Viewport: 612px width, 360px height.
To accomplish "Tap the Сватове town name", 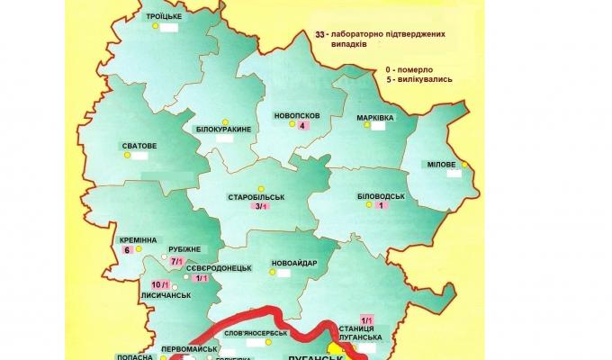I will coord(139,145).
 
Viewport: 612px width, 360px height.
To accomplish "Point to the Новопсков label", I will coord(296,115).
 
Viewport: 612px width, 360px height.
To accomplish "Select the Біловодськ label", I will coord(382,195).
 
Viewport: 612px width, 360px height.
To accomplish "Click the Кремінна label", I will coord(138,240).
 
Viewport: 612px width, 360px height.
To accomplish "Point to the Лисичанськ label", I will coord(164,293).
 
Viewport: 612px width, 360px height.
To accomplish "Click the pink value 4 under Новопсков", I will coord(303,126).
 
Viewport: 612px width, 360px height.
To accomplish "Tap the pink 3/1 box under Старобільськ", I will coord(262,207).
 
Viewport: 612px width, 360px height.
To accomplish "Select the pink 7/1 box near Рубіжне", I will coord(176,260).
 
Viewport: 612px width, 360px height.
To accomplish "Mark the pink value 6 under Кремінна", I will coord(128,250).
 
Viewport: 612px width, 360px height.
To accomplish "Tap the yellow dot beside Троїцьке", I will coord(155,28).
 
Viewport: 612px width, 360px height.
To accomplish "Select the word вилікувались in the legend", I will coord(421,79).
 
